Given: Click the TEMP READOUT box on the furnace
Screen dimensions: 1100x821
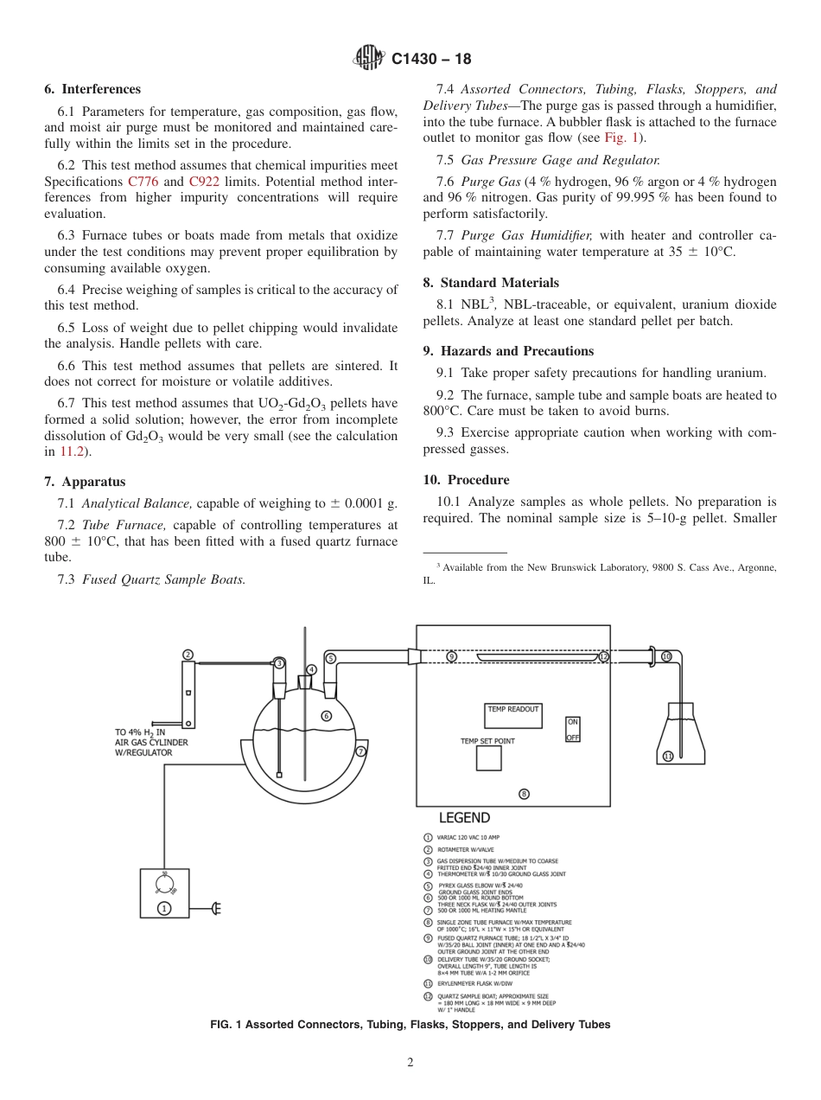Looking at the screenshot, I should click(512, 715).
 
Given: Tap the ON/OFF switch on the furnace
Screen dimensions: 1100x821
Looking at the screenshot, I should click(573, 729).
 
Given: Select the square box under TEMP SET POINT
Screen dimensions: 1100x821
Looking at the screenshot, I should click(489, 758).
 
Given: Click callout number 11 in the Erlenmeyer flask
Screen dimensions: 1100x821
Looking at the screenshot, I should click(668, 756).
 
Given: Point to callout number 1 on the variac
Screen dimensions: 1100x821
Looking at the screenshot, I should click(164, 908).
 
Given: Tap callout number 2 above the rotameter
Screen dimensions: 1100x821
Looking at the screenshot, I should click(188, 655).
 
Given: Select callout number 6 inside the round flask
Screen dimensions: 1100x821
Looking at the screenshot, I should click(326, 715).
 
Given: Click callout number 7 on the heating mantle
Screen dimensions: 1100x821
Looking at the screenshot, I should click(360, 751).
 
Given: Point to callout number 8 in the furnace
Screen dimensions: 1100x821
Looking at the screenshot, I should click(524, 794).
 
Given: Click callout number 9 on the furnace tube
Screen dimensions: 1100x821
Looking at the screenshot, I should click(451, 657).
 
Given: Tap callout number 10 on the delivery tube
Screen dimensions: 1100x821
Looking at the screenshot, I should click(666, 656).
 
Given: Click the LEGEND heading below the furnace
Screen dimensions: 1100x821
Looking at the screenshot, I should click(464, 818).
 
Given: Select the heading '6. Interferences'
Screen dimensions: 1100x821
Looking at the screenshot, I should click(92, 89).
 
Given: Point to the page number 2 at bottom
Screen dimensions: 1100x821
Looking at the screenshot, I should click(410, 1063).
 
